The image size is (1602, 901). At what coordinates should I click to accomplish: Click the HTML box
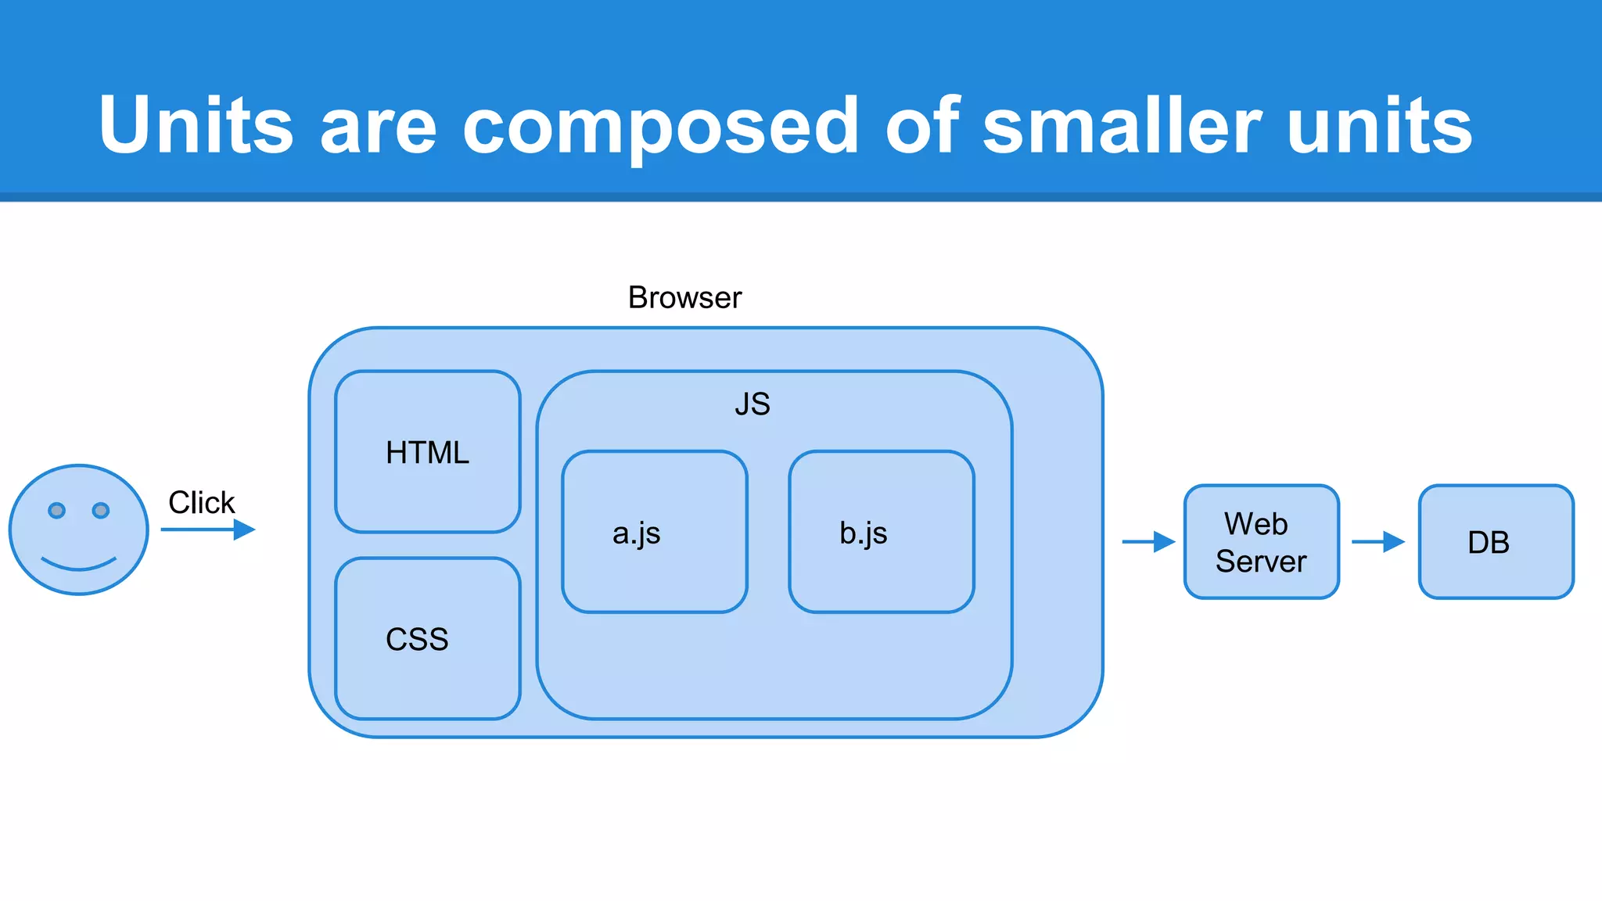pos(427,452)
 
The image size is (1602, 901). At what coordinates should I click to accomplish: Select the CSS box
pos(427,638)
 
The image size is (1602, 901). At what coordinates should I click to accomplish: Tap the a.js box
pos(654,532)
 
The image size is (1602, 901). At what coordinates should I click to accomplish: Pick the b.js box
pos(881,532)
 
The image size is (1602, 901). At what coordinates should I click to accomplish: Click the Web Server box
pos(1261,541)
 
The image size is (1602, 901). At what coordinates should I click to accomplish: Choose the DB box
pos(1496,541)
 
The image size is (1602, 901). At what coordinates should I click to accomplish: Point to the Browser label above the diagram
pos(684,298)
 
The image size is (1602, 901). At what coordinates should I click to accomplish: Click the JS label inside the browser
pos(753,404)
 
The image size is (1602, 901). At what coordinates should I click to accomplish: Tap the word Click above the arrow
pos(201,502)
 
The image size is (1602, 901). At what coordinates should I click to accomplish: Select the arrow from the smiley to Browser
pos(208,529)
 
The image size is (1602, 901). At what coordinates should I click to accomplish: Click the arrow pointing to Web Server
pos(1148,541)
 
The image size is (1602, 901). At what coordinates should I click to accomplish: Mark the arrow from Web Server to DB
pos(1378,541)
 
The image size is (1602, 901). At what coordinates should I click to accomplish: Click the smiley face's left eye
pos(56,511)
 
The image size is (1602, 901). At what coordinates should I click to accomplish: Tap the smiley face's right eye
pos(101,511)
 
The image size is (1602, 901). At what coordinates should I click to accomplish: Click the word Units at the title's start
pos(196,125)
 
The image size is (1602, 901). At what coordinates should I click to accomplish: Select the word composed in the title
pos(661,125)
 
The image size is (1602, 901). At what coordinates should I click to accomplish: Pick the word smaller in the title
pos(1122,125)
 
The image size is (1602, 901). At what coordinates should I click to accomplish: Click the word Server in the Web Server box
pos(1261,562)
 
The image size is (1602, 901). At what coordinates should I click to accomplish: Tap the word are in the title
pos(378,125)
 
